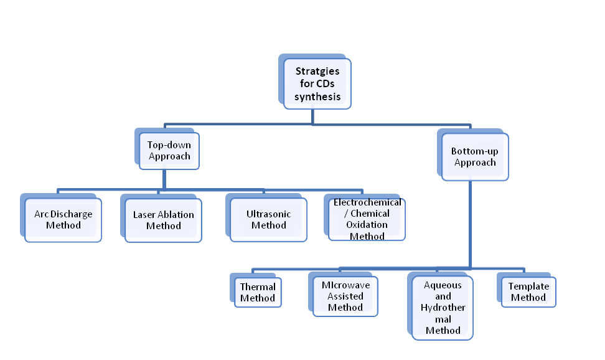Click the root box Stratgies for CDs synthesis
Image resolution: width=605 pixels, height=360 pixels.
pos(317,84)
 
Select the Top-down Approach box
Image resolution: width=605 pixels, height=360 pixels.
pos(169,151)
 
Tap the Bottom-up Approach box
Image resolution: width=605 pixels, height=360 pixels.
pos(475,157)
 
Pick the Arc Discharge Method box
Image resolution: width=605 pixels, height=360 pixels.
pos(63,220)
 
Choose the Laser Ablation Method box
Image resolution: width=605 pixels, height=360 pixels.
pos(163,220)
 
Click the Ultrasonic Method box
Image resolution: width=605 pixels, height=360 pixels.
pos(268,219)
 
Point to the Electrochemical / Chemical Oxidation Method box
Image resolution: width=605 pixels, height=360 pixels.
pos(367,219)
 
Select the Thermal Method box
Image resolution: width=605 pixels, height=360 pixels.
pos(258,292)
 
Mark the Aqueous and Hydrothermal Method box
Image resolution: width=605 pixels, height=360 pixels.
pos(443,308)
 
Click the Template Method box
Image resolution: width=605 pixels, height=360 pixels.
pos(528,292)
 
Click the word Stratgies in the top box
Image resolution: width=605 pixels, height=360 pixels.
pos(317,72)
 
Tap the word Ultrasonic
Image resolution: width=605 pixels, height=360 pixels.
pos(268,214)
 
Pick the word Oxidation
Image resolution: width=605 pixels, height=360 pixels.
pos(367,225)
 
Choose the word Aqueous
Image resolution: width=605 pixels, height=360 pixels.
pos(443,285)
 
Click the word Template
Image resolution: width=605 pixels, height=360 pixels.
pos(528,287)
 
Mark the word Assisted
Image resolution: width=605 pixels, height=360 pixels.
pos(345,296)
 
